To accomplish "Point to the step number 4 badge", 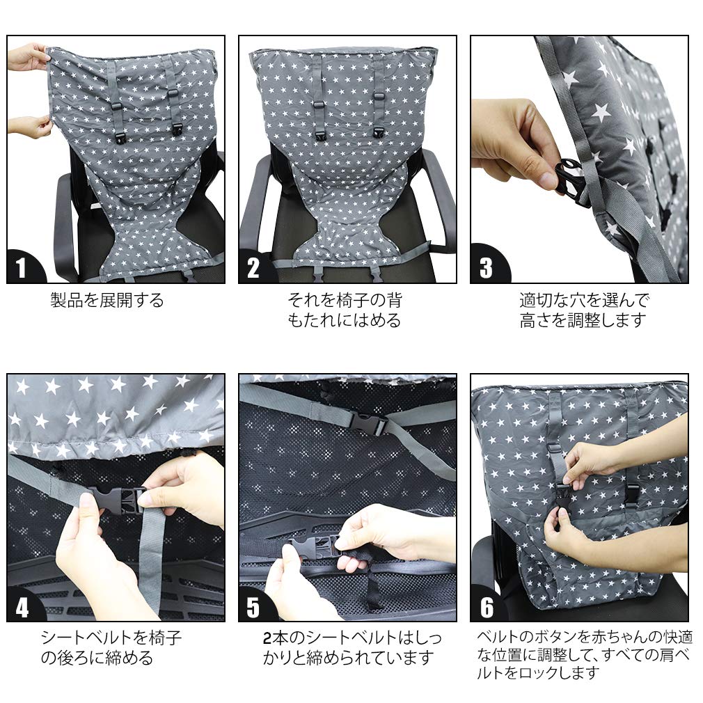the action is [22, 608].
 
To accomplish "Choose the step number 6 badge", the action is [487, 607].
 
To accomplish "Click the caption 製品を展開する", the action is [107, 300].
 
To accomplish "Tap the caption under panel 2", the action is [345, 310].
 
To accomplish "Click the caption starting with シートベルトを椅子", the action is [111, 647].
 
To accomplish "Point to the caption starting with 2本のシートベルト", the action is [352, 647].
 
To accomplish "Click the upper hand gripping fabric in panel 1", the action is [28, 57].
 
